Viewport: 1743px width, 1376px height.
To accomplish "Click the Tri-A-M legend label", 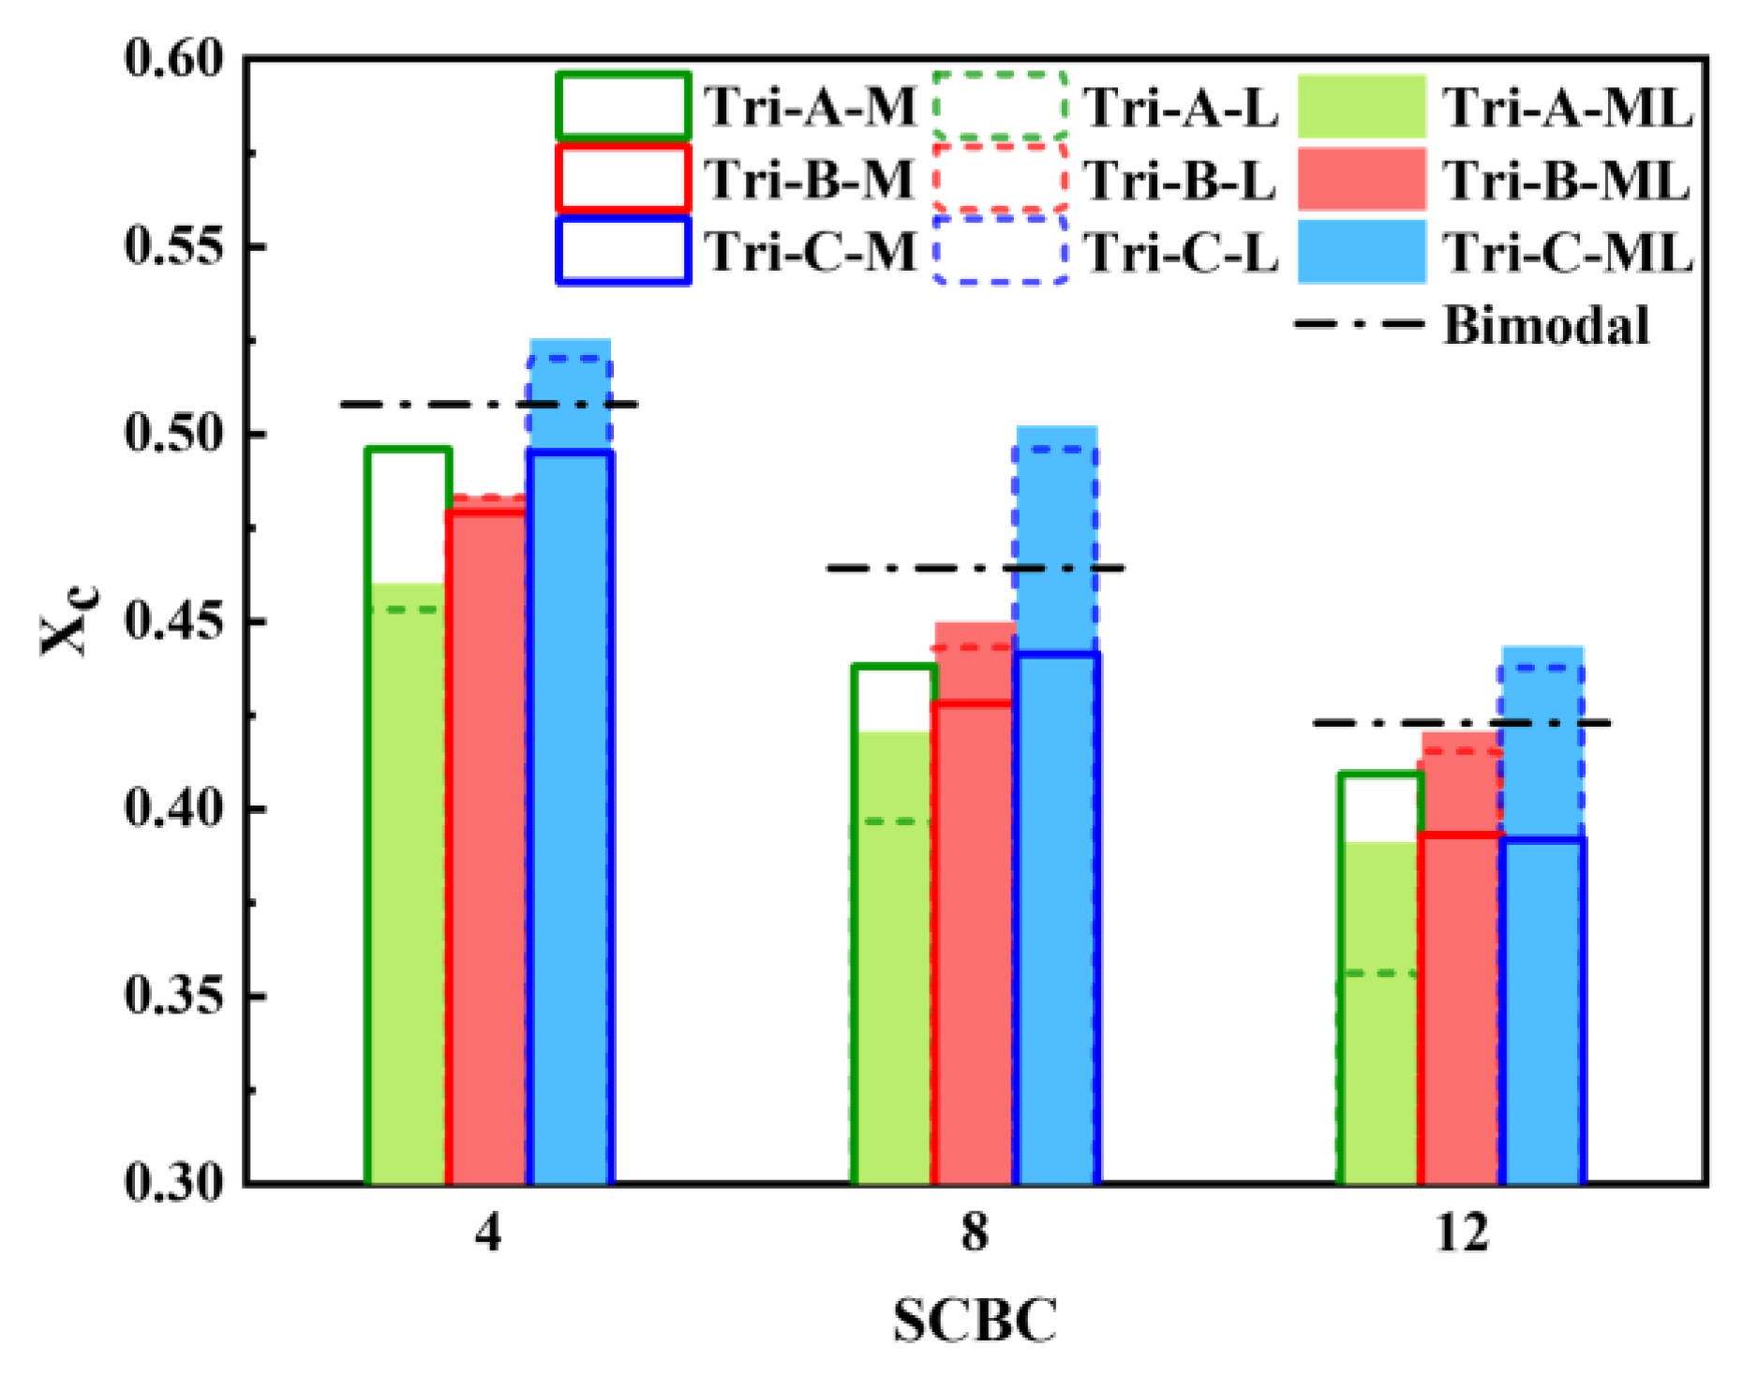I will point(810,106).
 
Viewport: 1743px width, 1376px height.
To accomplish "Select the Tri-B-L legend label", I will point(1181,179).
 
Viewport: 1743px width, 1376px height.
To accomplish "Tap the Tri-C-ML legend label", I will point(1567,252).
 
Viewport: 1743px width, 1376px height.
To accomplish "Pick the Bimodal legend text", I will point(1545,325).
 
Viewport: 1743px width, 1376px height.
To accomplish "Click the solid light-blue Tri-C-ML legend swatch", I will point(1362,251).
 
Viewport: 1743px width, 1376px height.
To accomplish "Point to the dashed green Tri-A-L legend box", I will point(1000,105).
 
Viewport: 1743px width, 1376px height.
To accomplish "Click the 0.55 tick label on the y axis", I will point(175,246).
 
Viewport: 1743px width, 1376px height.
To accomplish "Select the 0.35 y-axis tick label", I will point(175,996).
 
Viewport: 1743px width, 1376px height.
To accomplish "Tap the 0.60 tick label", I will point(175,58).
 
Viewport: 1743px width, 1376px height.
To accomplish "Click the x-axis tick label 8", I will point(975,1234).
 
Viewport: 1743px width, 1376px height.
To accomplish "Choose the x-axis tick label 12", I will point(1462,1234).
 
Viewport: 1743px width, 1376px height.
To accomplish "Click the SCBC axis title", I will point(975,1321).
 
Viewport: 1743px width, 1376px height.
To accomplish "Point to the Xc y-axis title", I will point(66,621).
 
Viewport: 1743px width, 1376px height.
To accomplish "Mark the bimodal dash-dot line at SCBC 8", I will point(975,569).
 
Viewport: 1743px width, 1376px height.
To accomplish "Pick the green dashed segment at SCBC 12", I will point(1378,974).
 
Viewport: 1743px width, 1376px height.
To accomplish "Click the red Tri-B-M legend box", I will point(623,178).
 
